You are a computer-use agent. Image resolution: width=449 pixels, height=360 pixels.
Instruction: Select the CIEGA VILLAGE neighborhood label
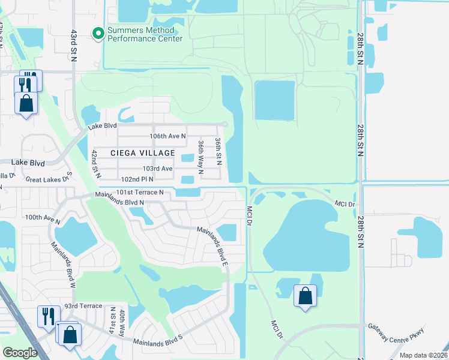click(x=143, y=153)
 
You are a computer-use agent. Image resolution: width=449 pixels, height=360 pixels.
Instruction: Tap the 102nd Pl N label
click(x=137, y=179)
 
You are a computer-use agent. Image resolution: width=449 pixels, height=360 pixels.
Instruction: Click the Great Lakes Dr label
click(x=49, y=178)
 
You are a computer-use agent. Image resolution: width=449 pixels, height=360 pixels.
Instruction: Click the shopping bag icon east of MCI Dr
click(x=305, y=296)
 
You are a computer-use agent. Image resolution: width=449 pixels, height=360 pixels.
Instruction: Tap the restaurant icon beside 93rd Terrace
click(x=48, y=317)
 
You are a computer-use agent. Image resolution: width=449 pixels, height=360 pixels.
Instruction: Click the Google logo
click(x=19, y=353)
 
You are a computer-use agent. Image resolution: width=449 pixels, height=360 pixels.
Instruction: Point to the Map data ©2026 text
click(x=423, y=355)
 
